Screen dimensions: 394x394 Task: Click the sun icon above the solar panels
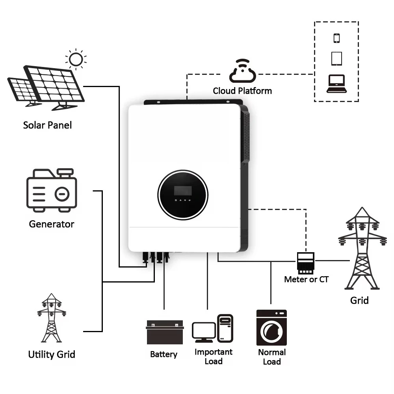pyautogui.click(x=76, y=59)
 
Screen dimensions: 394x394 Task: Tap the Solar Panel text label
pyautogui.click(x=48, y=125)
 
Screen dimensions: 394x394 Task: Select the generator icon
pyautogui.click(x=52, y=190)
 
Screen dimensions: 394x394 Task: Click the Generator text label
pyautogui.click(x=52, y=224)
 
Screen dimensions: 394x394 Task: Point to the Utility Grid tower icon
pyautogui.click(x=51, y=318)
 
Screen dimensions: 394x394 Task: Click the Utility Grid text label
pyautogui.click(x=52, y=354)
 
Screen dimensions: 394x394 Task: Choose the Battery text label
pyautogui.click(x=164, y=354)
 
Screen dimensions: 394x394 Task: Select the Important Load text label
pyautogui.click(x=214, y=357)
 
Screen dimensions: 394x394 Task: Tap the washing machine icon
pyautogui.click(x=271, y=327)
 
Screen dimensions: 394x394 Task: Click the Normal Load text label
pyautogui.click(x=272, y=357)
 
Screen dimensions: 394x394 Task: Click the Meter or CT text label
pyautogui.click(x=306, y=279)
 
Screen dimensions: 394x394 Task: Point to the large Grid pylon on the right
pyautogui.click(x=362, y=248)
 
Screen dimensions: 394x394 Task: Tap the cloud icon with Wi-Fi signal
pyautogui.click(x=242, y=71)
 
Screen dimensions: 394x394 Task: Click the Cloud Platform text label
pyautogui.click(x=242, y=91)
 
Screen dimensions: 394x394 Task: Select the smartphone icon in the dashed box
pyautogui.click(x=336, y=38)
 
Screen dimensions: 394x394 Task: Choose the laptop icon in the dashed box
pyautogui.click(x=336, y=84)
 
